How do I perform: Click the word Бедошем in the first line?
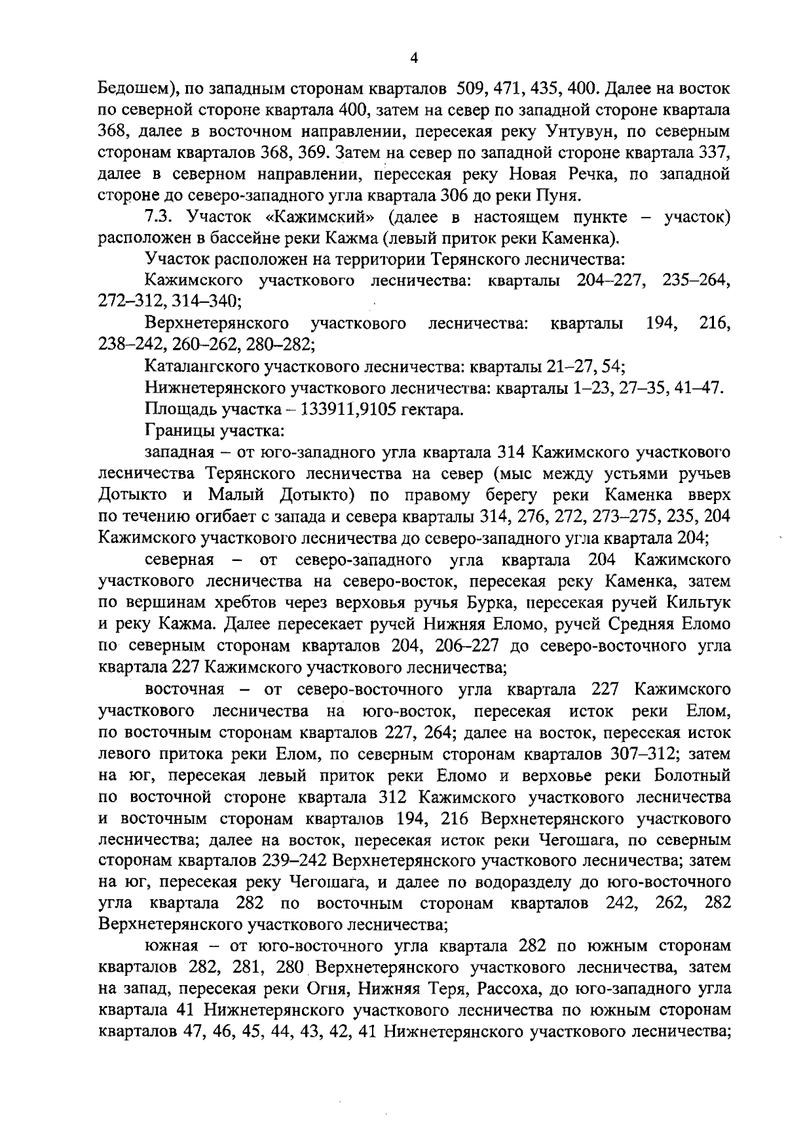[134, 88]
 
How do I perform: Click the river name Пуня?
[558, 195]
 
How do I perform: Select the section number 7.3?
[158, 217]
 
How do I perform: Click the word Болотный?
[692, 775]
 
